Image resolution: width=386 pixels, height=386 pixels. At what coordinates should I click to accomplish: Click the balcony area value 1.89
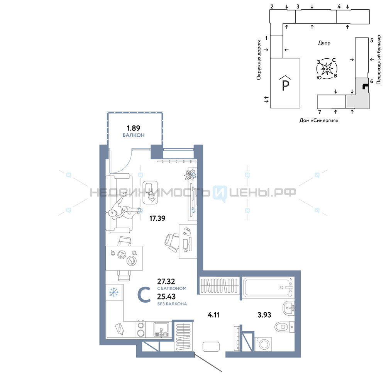134,128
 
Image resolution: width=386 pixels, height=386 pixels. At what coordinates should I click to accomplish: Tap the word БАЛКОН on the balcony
134,135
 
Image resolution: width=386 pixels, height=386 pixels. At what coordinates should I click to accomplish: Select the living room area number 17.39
157,218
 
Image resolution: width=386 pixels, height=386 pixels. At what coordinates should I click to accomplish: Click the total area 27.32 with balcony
166,281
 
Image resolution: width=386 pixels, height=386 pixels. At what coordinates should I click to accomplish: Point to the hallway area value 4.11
213,315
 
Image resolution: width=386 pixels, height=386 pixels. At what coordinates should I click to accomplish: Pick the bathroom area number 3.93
264,315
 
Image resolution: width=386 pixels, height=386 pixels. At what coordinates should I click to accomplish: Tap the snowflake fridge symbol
114,292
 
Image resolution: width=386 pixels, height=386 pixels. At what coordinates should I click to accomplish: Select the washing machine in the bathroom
263,344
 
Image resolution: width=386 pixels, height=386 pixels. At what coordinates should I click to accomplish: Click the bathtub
267,287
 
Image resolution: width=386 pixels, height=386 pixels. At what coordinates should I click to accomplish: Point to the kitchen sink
161,329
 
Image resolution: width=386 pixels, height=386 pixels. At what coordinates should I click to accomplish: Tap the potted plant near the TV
191,174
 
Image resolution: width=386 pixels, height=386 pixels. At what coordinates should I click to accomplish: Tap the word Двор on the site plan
324,43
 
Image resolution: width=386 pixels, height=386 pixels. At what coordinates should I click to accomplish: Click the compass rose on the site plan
327,69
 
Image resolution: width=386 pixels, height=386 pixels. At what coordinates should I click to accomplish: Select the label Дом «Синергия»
319,120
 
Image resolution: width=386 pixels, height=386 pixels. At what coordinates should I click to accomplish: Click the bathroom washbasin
288,308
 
